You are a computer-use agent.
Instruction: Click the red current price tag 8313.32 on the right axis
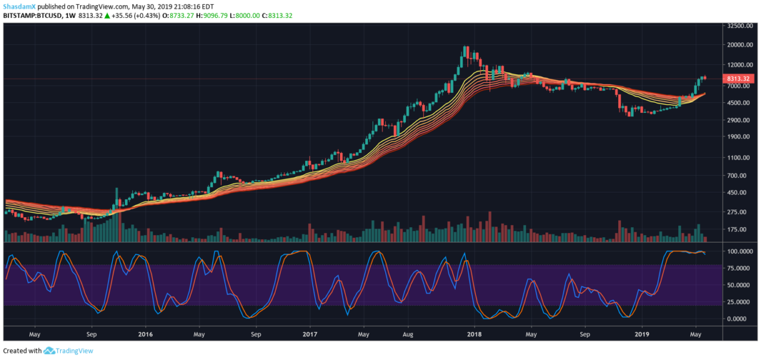[737, 79]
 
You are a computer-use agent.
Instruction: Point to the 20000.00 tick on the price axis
[739, 45]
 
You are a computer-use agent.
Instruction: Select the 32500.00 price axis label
[739, 26]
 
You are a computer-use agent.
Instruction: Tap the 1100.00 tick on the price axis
[740, 157]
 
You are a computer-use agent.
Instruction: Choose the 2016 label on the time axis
[146, 333]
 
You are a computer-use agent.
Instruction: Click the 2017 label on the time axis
[310, 333]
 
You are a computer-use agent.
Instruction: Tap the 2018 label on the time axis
[474, 333]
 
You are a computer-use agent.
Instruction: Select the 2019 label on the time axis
[642, 333]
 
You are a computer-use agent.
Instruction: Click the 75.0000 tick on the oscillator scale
[741, 268]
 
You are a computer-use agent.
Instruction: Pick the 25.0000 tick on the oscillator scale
[741, 301]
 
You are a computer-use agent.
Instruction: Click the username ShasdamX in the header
[18, 6]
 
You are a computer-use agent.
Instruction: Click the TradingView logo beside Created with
[69, 351]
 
